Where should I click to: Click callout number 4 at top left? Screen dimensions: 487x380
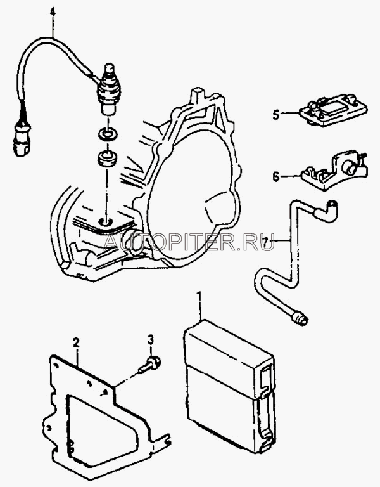52,10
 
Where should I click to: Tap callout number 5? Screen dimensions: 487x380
276,115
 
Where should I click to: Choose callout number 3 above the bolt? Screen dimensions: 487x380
151,337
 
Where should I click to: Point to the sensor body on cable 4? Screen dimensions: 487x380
108,89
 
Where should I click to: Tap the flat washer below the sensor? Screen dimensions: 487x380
106,134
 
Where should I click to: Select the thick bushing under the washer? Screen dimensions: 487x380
106,158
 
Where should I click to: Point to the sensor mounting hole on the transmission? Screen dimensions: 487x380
106,221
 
